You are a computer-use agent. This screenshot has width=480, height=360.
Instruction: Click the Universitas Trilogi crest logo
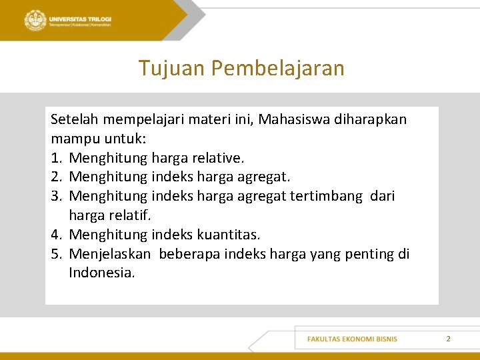pos(35,20)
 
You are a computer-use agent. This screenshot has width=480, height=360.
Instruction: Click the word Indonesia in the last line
pos(101,273)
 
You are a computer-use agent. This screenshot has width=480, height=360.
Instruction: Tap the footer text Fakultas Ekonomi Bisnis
pos(352,339)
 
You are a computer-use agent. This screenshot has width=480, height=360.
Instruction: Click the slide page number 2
pos(448,339)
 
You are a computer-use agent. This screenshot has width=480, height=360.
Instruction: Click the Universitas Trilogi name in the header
pos(80,18)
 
